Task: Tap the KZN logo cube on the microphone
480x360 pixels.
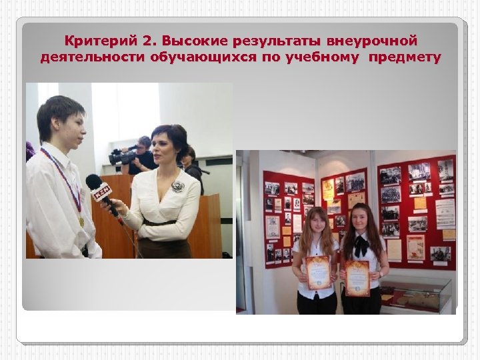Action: point(101,193)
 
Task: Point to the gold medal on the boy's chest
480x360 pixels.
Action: point(81,221)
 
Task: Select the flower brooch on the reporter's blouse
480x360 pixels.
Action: point(178,187)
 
